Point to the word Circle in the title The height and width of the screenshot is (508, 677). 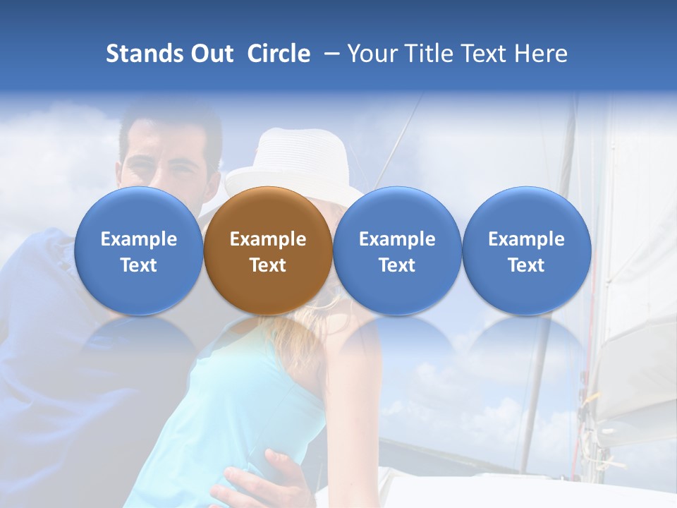[279, 54]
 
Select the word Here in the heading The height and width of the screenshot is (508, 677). [542, 54]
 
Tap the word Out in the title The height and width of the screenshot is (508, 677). [209, 54]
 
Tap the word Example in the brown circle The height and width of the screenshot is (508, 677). [268, 239]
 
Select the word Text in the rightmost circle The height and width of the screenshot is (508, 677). [526, 265]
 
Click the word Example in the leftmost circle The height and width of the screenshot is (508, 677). [139, 239]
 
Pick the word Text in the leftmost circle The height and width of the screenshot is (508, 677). [139, 265]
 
